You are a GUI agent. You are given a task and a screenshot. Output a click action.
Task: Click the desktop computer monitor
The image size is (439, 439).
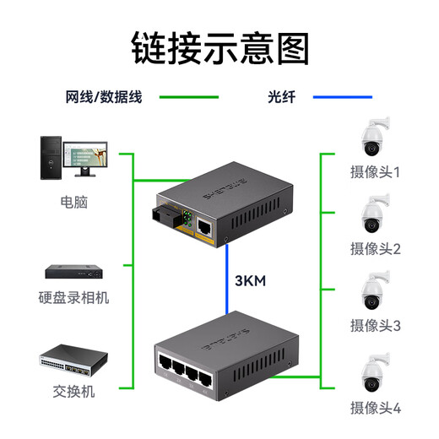point(84,154)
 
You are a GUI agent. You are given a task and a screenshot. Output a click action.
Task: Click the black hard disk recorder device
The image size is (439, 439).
point(74,272)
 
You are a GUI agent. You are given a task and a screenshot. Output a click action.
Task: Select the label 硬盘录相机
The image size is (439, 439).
point(74,298)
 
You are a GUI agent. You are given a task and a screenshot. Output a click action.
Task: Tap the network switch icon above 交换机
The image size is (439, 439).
point(73,360)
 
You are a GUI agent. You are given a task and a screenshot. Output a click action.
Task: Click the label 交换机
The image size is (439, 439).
point(73,393)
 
